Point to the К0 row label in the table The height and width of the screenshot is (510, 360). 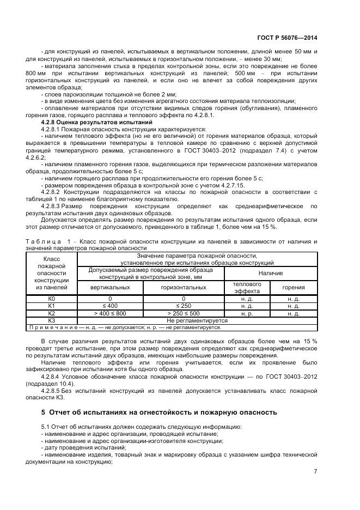[52, 299]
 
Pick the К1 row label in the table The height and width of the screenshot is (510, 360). [52, 306]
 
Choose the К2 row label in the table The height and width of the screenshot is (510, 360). [52, 313]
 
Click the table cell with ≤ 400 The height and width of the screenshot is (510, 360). [109, 306]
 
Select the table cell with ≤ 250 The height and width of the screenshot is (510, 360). [183, 306]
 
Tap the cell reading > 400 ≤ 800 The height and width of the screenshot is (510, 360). [109, 313]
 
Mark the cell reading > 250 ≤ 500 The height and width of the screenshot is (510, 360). [183, 313]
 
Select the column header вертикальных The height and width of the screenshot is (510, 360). [109, 287]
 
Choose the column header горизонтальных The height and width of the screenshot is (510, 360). [183, 287]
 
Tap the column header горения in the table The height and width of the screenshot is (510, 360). [294, 287]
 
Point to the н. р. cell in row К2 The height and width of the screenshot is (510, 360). [247, 313]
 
